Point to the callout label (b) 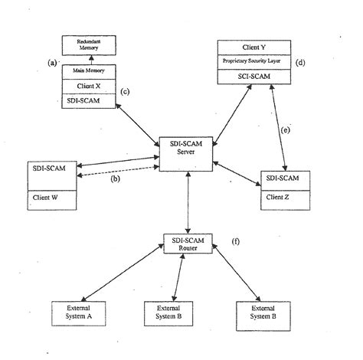pyautogui.click(x=115, y=180)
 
